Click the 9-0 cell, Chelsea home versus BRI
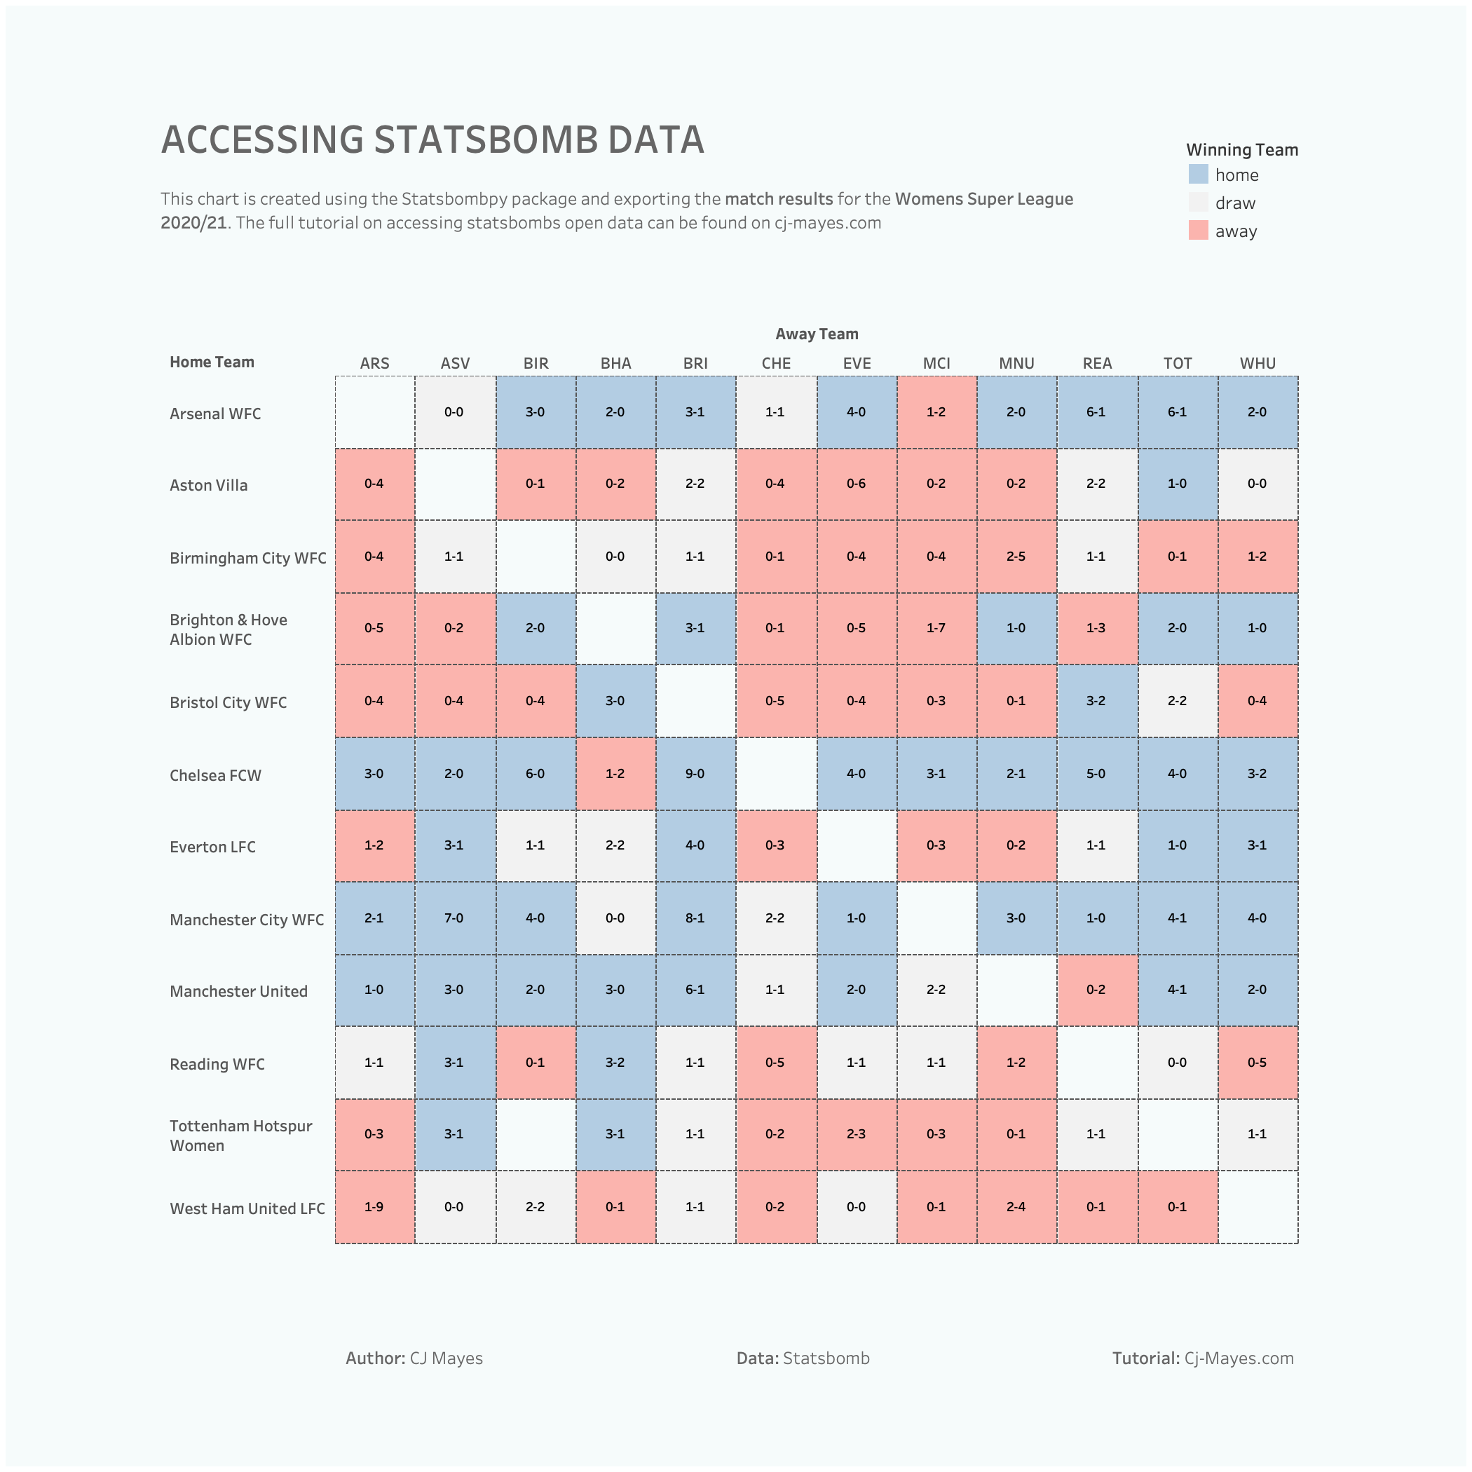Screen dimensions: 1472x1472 [695, 773]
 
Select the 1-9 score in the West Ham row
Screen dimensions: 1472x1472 [374, 1207]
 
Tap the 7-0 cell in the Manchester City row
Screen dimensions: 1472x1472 [454, 918]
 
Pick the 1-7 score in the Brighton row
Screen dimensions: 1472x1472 [936, 628]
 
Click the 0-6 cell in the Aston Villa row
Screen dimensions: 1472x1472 [856, 484]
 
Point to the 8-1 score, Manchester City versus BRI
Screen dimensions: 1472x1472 [695, 918]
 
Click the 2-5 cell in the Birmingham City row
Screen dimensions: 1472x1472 [1016, 556]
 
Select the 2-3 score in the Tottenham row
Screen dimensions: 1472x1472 [856, 1133]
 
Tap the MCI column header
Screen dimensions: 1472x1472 [936, 363]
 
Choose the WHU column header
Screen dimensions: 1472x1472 [1257, 363]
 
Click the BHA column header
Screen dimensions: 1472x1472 [615, 363]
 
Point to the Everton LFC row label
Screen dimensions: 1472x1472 [212, 847]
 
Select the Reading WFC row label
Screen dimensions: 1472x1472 [217, 1064]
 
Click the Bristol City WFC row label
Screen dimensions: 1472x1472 [228, 702]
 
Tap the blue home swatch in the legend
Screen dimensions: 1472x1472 [1198, 175]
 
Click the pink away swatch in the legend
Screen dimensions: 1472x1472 [1198, 231]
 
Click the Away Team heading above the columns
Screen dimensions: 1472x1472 [817, 334]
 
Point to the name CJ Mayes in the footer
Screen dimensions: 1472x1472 [447, 1358]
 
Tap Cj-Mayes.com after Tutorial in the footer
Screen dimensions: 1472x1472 [1239, 1358]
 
